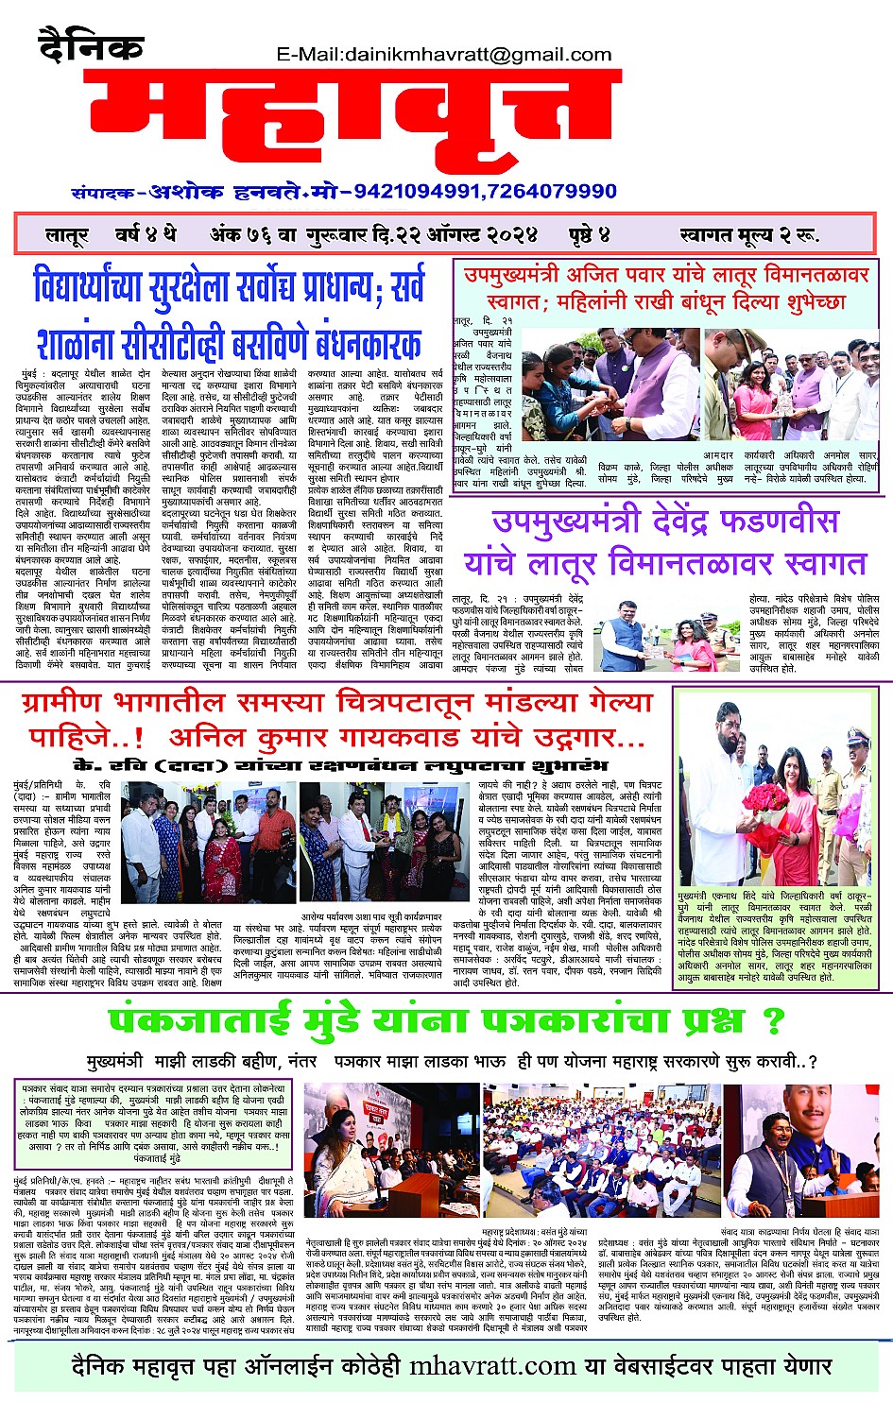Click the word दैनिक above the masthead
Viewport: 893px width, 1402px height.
tap(92, 45)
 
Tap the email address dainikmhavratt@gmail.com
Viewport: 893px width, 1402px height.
tap(443, 54)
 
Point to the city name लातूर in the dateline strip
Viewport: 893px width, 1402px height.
tap(66, 235)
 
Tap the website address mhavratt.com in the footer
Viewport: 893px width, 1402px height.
tap(492, 1366)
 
